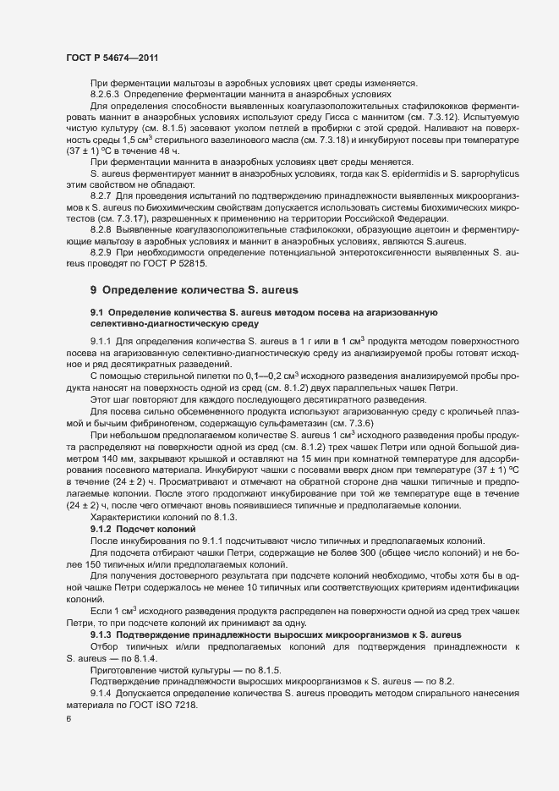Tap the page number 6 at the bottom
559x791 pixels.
click(68, 719)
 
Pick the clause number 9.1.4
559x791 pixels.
click(101, 684)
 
